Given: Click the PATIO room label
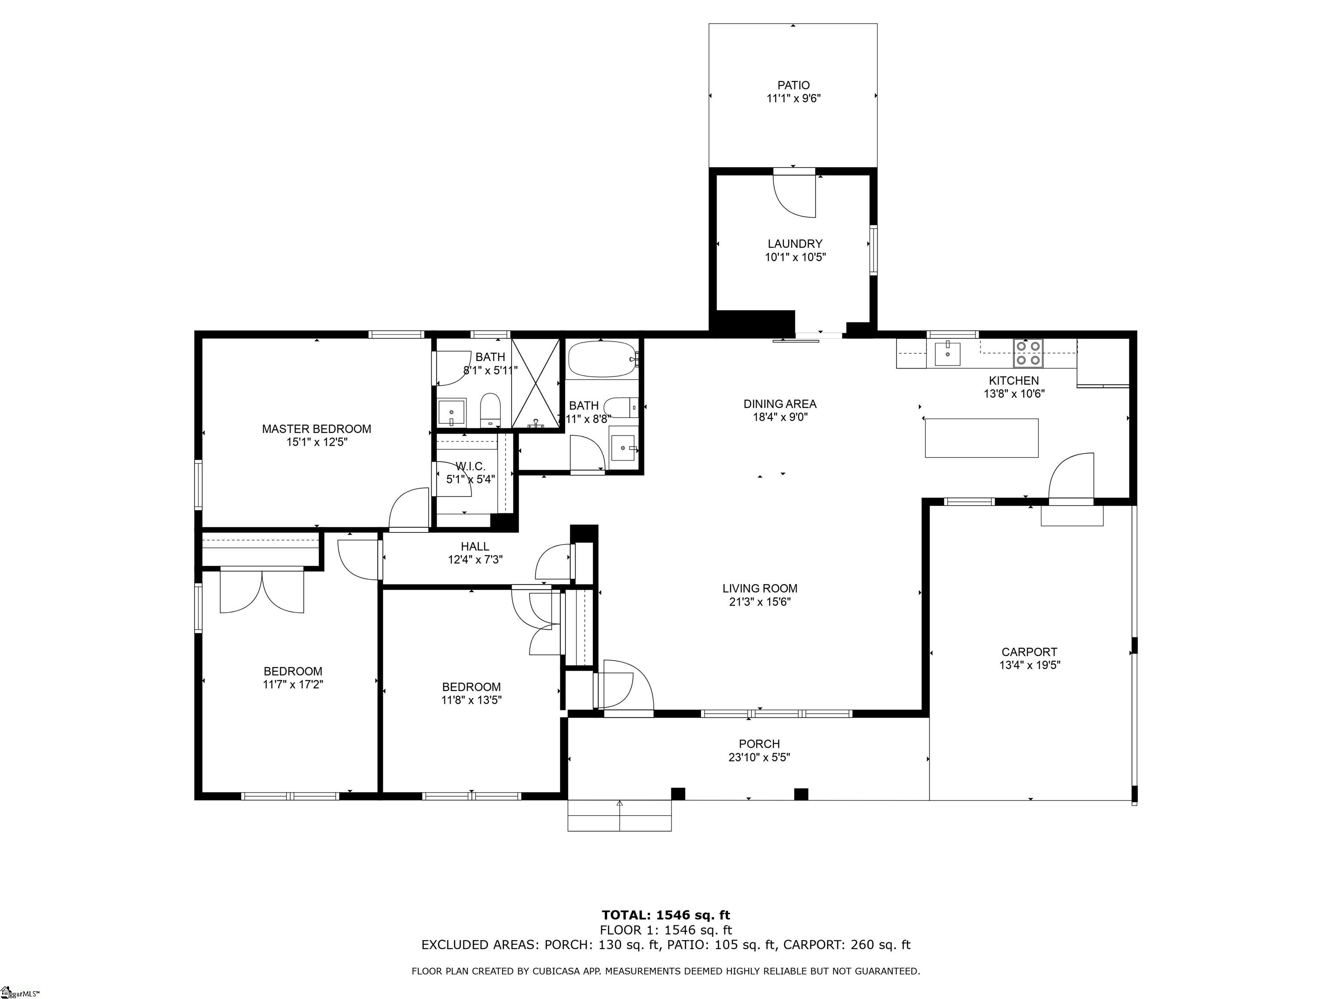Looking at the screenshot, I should pos(793,85).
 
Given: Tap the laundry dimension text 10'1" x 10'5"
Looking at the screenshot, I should pos(795,257).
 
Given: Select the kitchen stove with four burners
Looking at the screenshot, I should pos(1028,353).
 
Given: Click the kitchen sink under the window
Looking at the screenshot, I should pos(948,353).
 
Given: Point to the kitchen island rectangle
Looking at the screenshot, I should pos(982,438).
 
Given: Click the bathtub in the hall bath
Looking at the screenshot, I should pos(603,359).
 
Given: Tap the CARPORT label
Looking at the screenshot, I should pos(1029,652).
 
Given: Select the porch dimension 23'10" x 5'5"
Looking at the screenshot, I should pos(759,757).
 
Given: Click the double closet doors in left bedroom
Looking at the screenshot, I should pos(262,591).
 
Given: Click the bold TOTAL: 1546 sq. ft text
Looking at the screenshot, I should pos(666,915).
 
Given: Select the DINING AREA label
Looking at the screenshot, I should pos(779,404).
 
